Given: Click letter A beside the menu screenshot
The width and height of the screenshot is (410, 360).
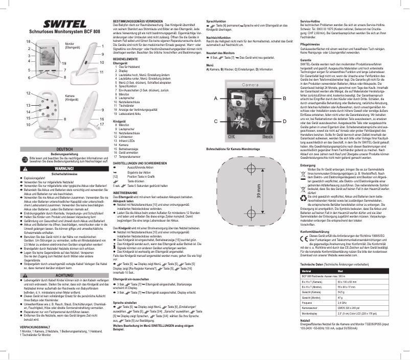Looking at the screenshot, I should point(217,98).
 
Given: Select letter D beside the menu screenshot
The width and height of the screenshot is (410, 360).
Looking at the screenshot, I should point(284,121).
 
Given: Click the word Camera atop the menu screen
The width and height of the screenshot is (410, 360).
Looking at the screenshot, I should point(250,84).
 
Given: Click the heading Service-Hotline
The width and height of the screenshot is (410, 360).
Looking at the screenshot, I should point(310,20).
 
